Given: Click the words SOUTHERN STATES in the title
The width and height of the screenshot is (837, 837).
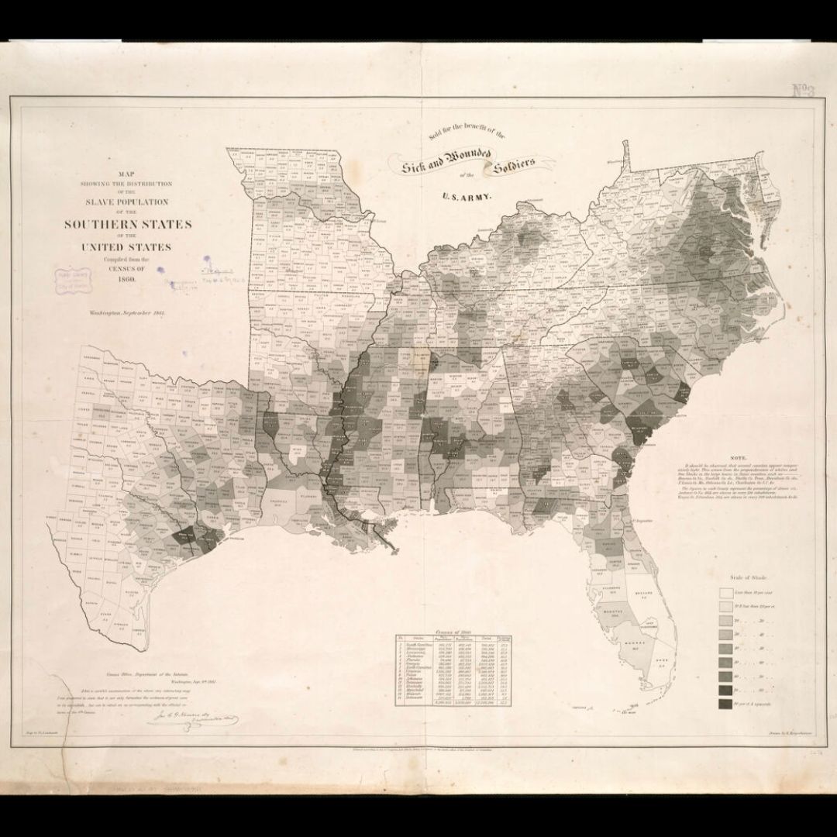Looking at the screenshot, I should [128, 226].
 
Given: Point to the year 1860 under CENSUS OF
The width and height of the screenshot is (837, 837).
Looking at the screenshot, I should [128, 278].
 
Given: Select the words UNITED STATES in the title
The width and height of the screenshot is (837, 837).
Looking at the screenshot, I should [129, 247].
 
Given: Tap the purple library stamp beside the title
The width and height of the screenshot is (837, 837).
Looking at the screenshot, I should [69, 278].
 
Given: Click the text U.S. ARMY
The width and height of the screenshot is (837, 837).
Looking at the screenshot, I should [467, 198].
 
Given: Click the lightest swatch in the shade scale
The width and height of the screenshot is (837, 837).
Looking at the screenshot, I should [726, 592].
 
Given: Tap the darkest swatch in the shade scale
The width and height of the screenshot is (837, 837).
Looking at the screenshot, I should [726, 704].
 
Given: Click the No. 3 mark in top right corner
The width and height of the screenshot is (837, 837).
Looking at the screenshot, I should [805, 92].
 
